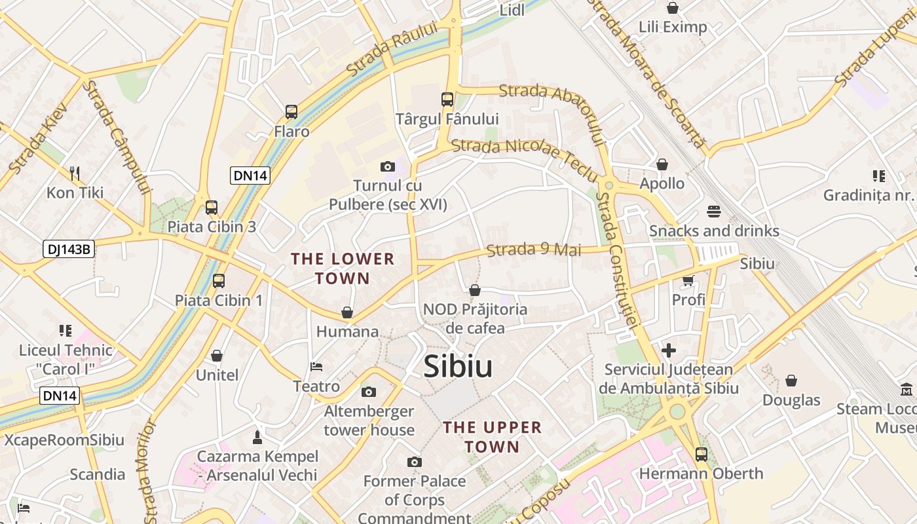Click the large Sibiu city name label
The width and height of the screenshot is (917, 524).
[x=458, y=367]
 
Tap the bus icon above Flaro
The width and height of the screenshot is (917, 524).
[x=291, y=112]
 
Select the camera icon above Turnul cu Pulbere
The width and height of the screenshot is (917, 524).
[x=388, y=167]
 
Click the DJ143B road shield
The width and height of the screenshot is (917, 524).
[x=69, y=249]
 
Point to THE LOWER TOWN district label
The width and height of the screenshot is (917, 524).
[x=343, y=269]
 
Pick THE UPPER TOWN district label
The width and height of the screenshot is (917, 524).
[x=492, y=437]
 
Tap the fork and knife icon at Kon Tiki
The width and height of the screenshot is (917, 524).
[x=75, y=174]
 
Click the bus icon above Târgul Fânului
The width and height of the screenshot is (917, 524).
[x=447, y=100]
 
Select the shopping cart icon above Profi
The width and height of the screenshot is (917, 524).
[x=688, y=280]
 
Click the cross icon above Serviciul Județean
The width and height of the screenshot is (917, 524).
[x=669, y=350]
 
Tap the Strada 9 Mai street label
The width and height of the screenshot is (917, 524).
[x=534, y=250]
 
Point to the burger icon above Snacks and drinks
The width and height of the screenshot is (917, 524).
[x=714, y=212]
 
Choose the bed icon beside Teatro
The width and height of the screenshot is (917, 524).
[x=316, y=366]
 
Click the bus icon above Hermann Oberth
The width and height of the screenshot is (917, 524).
[x=702, y=454]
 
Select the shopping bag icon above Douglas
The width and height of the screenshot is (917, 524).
[x=791, y=381]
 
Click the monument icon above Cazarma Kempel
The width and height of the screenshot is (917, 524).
[x=257, y=437]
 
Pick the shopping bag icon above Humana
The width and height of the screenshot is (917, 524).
[x=347, y=312]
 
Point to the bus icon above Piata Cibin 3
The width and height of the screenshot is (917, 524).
[x=212, y=208]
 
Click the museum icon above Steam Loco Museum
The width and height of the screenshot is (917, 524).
[x=907, y=389]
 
